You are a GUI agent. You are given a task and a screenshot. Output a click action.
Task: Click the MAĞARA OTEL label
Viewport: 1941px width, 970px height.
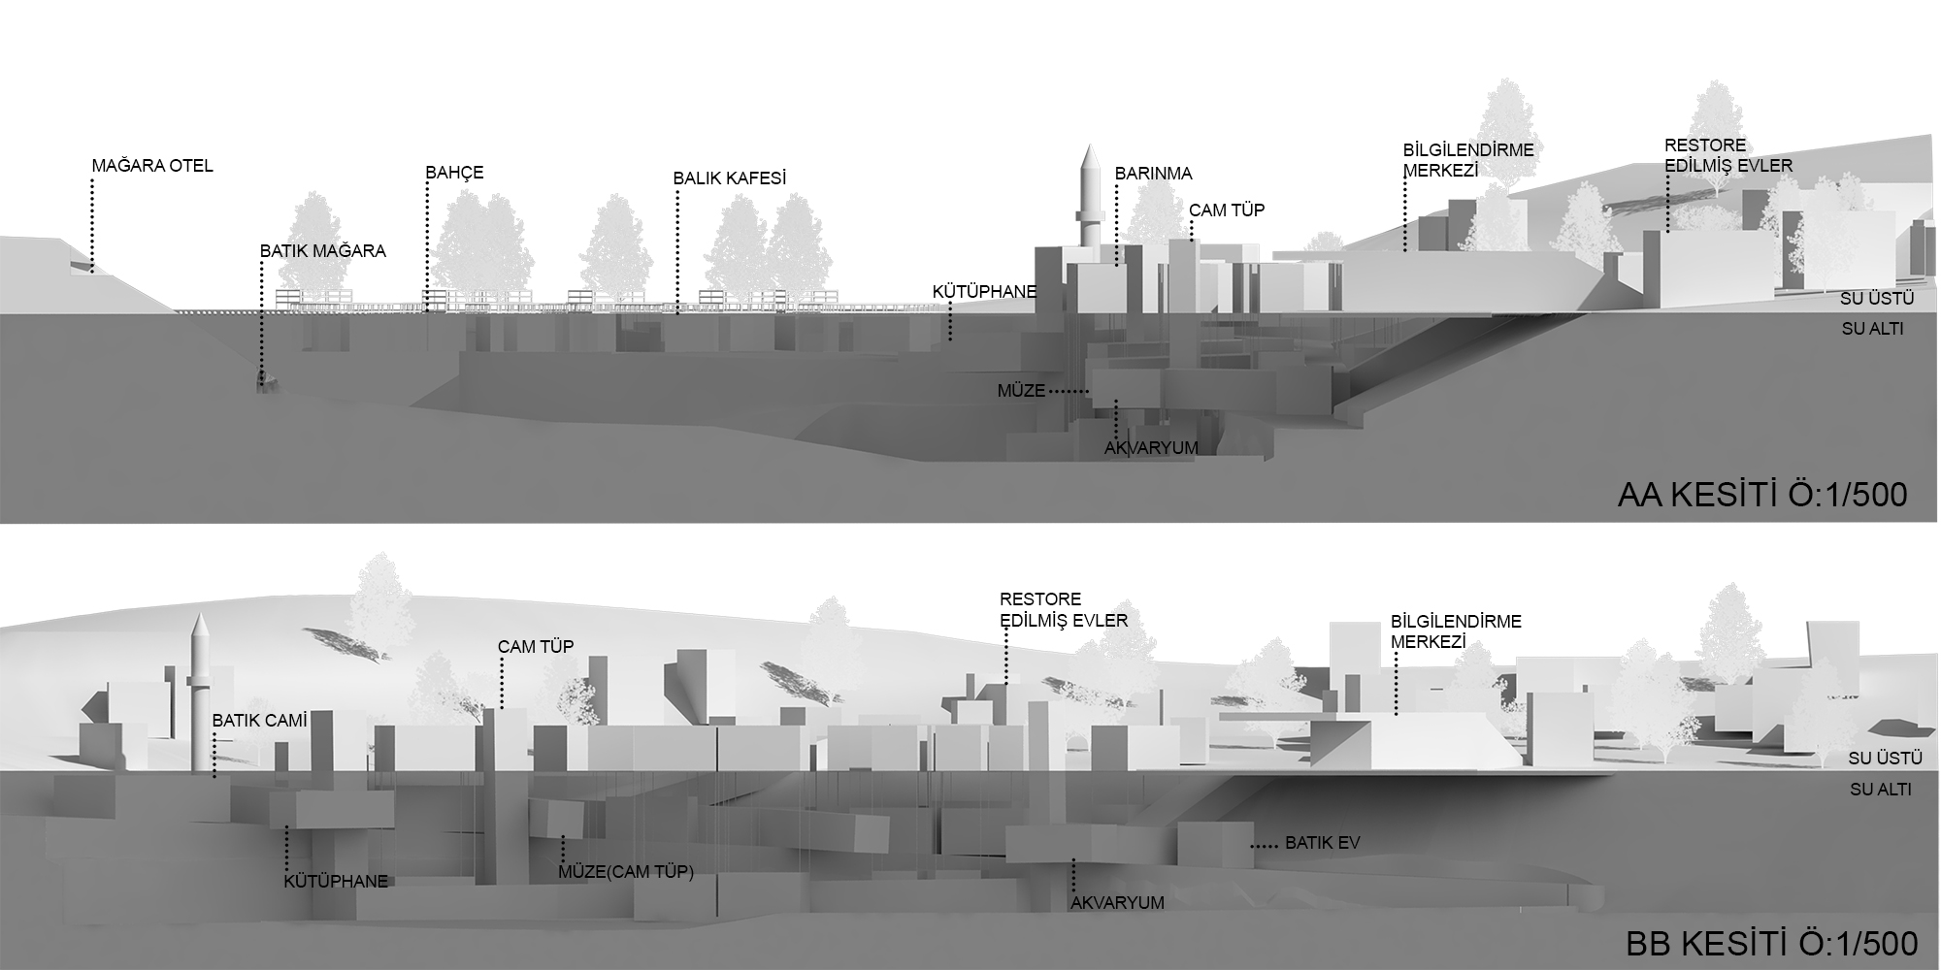[x=152, y=166]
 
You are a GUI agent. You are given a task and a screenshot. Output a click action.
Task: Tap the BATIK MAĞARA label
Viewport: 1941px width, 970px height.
[x=323, y=251]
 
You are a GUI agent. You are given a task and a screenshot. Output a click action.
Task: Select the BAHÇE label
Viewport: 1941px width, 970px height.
[x=454, y=174]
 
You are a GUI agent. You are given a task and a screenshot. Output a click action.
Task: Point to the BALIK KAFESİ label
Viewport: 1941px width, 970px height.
[x=729, y=178]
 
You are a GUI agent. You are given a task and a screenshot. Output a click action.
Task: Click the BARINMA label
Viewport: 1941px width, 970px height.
[x=1153, y=175]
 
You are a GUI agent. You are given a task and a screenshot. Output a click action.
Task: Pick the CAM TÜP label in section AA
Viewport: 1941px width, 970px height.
[x=1227, y=210]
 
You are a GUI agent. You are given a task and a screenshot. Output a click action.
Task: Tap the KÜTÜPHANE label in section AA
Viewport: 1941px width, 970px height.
[x=984, y=291]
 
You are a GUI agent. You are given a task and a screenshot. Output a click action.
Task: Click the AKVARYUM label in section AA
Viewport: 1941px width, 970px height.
[x=1151, y=448]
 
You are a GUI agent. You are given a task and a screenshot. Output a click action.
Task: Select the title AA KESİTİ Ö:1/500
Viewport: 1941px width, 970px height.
[x=1762, y=495]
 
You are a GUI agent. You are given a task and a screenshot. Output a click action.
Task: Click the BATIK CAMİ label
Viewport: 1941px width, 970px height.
[x=259, y=721]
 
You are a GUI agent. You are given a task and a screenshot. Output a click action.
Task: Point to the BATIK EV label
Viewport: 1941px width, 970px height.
[x=1323, y=843]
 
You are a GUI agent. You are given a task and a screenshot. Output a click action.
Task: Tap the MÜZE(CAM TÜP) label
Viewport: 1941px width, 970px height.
[x=626, y=872]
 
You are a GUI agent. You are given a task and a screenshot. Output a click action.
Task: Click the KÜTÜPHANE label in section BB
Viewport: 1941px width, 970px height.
[x=336, y=882]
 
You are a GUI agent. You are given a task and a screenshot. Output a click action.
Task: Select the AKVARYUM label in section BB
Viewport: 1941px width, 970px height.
[x=1117, y=903]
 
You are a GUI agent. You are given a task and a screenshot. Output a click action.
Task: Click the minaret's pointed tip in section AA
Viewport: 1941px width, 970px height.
[x=1090, y=145]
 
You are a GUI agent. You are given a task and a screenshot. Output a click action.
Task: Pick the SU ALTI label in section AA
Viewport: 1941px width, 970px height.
[x=1872, y=329]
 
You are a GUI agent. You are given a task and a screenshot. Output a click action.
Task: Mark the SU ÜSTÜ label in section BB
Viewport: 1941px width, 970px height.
[x=1885, y=758]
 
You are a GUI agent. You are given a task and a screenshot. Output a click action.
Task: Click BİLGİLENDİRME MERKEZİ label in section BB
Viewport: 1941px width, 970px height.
[x=1456, y=631]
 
